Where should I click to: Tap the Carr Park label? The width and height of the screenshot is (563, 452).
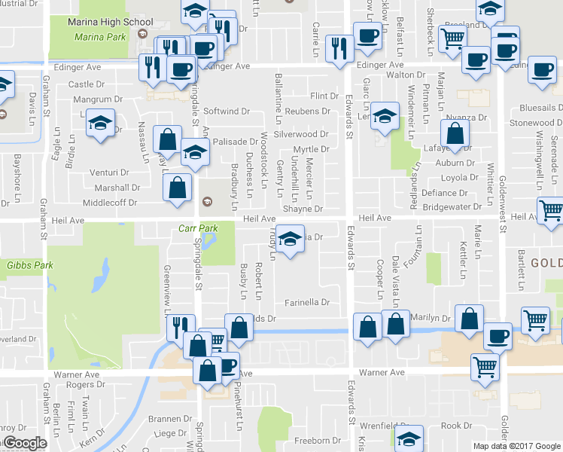[x=199, y=228]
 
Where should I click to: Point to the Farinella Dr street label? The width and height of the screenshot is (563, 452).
[x=307, y=303]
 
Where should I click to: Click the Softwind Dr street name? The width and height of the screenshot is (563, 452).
[x=227, y=111]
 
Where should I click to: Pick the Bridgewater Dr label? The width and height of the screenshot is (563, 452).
[x=452, y=206]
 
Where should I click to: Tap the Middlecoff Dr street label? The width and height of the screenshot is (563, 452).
[x=111, y=203]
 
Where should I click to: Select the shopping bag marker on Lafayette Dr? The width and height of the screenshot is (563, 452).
[x=455, y=134]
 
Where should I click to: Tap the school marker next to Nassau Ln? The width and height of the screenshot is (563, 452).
[x=99, y=123]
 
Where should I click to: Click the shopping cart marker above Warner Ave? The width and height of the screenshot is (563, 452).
[x=485, y=367]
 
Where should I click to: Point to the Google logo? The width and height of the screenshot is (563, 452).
[x=24, y=444]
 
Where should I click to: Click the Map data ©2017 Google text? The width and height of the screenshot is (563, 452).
[x=516, y=446]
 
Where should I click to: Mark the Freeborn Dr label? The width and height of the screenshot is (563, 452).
[x=312, y=441]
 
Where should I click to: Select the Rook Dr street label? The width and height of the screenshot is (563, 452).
[x=456, y=426]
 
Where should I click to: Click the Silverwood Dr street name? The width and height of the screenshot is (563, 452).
[x=300, y=135]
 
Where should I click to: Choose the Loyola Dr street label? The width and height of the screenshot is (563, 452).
[x=459, y=179]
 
